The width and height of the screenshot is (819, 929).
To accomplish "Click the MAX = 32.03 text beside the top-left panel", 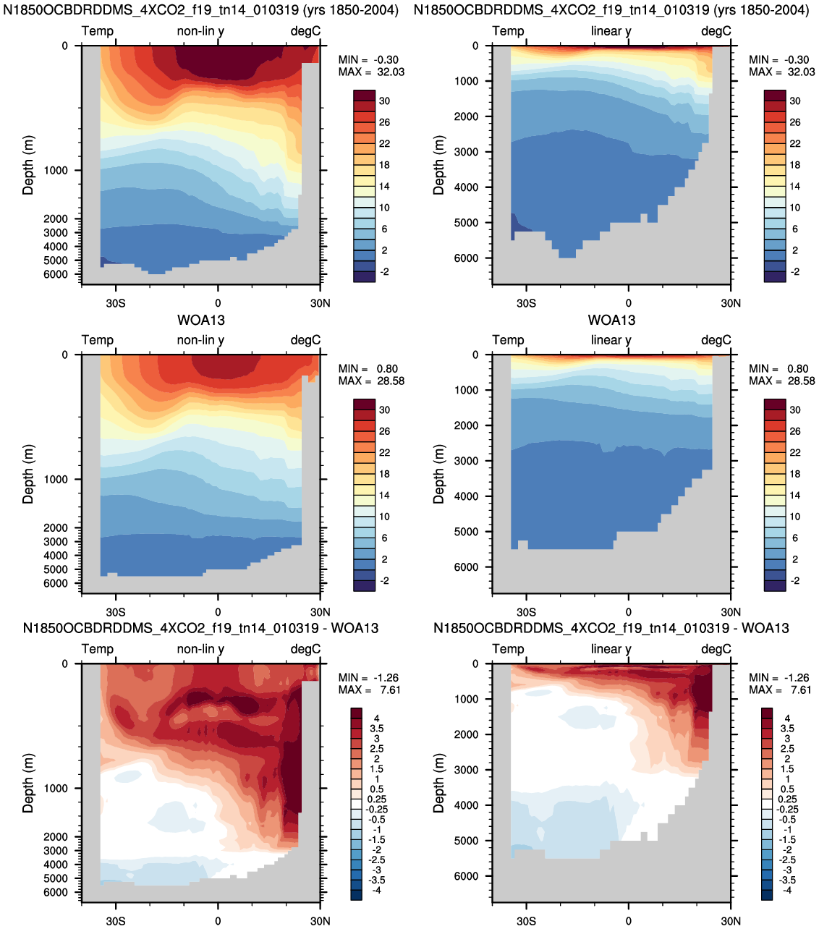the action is pyautogui.click(x=371, y=72).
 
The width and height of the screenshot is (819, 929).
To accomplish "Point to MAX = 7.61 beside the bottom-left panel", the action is pyautogui.click(x=369, y=690).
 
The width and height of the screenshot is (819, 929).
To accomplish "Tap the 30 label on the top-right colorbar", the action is pyautogui.click(x=794, y=101).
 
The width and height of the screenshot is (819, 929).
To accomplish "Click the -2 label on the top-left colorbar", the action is pyautogui.click(x=384, y=271).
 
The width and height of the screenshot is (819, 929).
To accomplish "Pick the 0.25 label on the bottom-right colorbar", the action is pyautogui.click(x=787, y=799).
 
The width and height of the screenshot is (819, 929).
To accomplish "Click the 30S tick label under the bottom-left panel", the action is pyautogui.click(x=116, y=921).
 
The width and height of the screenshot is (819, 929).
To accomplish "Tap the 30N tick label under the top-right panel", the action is pyautogui.click(x=731, y=303).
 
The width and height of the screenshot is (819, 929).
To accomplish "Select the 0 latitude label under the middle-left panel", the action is pyautogui.click(x=218, y=611).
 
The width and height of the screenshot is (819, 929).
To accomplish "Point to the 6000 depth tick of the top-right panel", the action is pyautogui.click(x=466, y=258).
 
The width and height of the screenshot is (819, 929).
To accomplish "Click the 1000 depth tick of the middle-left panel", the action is pyautogui.click(x=56, y=479).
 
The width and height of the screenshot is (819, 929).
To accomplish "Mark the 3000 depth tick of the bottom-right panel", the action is pyautogui.click(x=466, y=770).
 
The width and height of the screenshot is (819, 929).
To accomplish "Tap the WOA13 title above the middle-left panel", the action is pyautogui.click(x=201, y=320).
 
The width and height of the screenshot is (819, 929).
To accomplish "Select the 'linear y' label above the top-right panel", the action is pyautogui.click(x=611, y=31).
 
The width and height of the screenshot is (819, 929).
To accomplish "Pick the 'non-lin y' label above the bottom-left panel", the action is pyautogui.click(x=200, y=649).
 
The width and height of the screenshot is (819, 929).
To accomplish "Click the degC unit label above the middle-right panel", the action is pyautogui.click(x=716, y=340).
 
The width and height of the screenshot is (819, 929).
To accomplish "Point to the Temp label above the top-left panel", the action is pyautogui.click(x=98, y=31).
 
